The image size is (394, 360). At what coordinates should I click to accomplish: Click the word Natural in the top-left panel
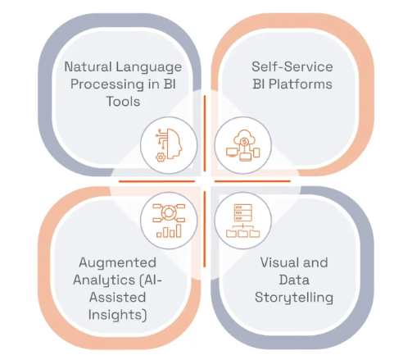pyautogui.click(x=88, y=66)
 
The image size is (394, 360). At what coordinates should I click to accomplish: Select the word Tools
pyautogui.click(x=123, y=102)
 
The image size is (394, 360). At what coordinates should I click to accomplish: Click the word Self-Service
pyautogui.click(x=292, y=66)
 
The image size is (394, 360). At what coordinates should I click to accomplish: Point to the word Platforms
pyautogui.click(x=301, y=84)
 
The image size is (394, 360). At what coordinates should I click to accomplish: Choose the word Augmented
pyautogui.click(x=117, y=263)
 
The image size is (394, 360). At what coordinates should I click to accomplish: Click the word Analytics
pyautogui.click(x=104, y=280)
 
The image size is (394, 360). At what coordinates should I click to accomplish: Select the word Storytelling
pyautogui.click(x=294, y=298)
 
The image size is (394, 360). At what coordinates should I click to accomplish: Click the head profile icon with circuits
pyautogui.click(x=171, y=144)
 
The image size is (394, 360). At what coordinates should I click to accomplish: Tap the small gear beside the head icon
pyautogui.click(x=161, y=157)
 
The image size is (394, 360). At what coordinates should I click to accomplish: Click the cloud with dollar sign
pyautogui.click(x=244, y=138)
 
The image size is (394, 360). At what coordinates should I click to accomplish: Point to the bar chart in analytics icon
pyautogui.click(x=169, y=231)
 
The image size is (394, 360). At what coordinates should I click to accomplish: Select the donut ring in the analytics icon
pyautogui.click(x=169, y=213)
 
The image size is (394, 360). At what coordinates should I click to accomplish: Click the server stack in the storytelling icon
pyautogui.click(x=242, y=212)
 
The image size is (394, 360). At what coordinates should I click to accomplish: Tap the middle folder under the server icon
pyautogui.click(x=242, y=234)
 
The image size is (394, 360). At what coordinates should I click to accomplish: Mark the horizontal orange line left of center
pyautogui.click(x=156, y=181)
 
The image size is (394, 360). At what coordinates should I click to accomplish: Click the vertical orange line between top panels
pyautogui.click(x=205, y=134)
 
